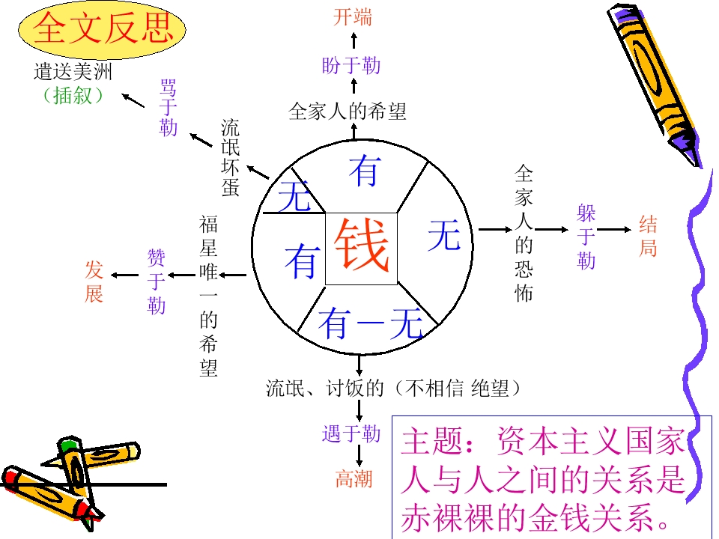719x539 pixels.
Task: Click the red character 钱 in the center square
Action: coord(361,246)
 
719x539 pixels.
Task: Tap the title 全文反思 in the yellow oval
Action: coord(103,28)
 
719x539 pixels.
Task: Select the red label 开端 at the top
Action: coord(352,17)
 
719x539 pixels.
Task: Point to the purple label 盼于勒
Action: coord(351,65)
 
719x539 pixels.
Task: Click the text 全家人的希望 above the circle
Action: coord(348,112)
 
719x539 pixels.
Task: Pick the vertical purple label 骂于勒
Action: coord(169,108)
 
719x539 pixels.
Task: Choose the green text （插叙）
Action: coord(73,95)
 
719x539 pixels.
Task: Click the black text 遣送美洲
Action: coord(73,72)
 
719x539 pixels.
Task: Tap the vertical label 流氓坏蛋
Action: coord(230,158)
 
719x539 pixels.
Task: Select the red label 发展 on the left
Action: coord(94,281)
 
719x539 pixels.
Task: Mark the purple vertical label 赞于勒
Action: coord(156,281)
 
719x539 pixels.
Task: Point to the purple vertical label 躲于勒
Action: coord(586,237)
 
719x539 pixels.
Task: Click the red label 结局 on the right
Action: coord(648,236)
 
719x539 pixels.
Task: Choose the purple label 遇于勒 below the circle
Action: coord(351,433)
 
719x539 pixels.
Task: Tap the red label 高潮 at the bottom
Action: coord(354,479)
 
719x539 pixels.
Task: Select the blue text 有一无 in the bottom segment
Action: coord(371,323)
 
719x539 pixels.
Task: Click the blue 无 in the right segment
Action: coord(444,234)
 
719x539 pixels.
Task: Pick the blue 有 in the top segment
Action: coord(365,171)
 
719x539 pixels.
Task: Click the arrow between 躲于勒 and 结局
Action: coord(614,229)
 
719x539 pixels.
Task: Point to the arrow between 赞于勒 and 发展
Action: coord(125,275)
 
